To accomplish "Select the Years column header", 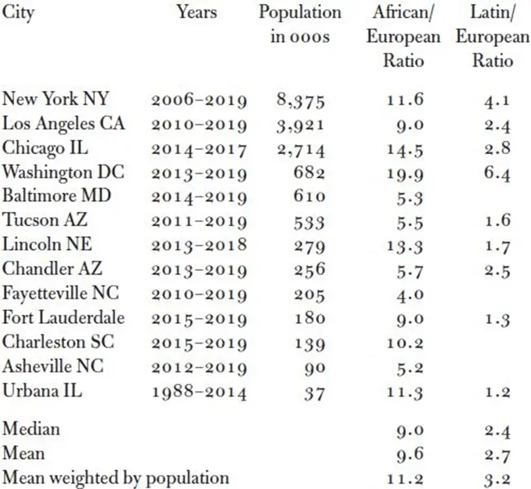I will (x=197, y=13).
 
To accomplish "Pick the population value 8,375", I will (x=301, y=101).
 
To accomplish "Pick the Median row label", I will (x=31, y=429).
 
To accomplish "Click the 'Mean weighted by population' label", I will (x=116, y=477).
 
